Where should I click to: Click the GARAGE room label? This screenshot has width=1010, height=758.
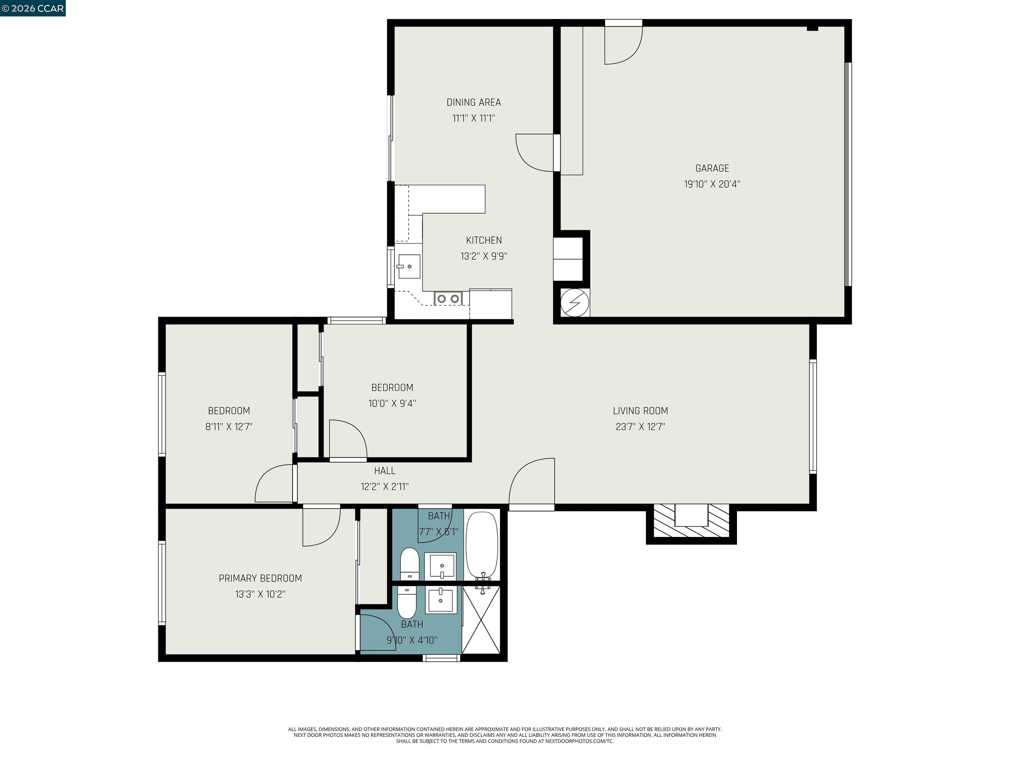(x=712, y=168)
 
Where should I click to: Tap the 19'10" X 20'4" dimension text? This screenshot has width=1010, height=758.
(x=712, y=184)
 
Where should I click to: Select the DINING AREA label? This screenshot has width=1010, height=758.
(x=473, y=102)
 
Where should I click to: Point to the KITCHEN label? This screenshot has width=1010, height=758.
(x=484, y=240)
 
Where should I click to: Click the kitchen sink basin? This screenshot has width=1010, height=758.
(x=409, y=266)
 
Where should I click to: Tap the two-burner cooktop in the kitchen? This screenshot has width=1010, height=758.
(x=448, y=299)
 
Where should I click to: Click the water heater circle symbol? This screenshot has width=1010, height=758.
(x=574, y=302)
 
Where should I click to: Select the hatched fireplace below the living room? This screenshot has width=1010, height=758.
(x=691, y=522)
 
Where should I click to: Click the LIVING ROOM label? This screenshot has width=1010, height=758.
(x=640, y=411)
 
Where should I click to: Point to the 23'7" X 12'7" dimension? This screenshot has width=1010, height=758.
(x=640, y=427)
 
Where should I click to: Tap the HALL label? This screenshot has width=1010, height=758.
(x=384, y=470)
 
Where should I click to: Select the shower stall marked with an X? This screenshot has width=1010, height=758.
(x=481, y=620)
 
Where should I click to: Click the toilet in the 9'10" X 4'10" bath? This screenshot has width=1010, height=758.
(x=406, y=602)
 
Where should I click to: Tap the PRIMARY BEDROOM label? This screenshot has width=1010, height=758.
(x=260, y=578)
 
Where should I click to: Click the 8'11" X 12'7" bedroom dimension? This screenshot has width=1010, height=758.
(x=229, y=427)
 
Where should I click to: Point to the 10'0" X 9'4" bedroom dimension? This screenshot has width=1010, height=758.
(x=392, y=403)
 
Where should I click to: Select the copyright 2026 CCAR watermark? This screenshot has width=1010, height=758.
(x=33, y=8)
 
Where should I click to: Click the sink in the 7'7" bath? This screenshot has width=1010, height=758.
(x=442, y=567)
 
